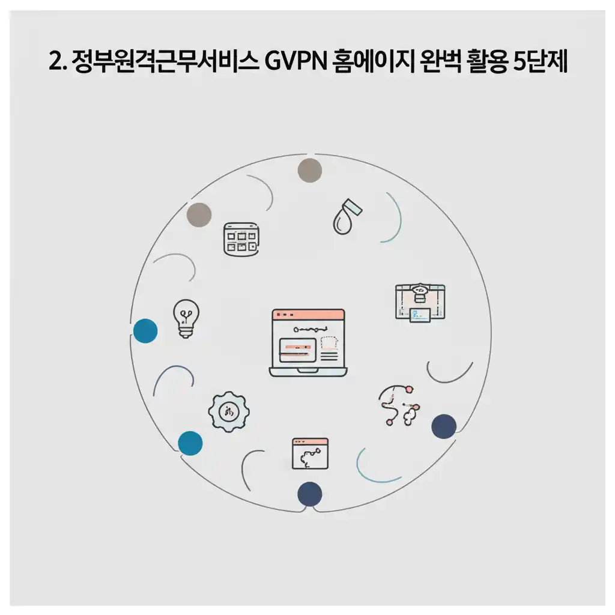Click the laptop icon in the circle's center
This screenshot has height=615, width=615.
[x=308, y=343]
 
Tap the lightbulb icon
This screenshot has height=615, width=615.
[x=186, y=318]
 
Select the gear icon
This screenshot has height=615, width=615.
[x=228, y=411]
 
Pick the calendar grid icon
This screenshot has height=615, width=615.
[x=240, y=239]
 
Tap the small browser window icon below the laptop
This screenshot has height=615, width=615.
[x=309, y=453]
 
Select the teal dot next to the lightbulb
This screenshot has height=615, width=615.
[x=145, y=331]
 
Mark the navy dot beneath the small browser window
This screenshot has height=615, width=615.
[x=310, y=494]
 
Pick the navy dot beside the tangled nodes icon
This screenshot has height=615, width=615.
[x=444, y=426]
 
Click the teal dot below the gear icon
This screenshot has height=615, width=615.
[x=190, y=443]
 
